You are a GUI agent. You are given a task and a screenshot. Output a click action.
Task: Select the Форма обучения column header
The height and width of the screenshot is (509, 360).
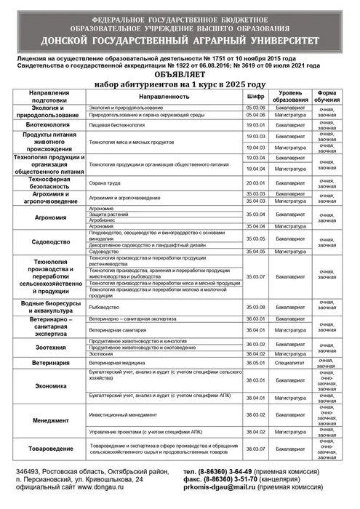(327, 96)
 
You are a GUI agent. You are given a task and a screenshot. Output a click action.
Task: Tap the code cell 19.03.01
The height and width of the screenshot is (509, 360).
(255, 125)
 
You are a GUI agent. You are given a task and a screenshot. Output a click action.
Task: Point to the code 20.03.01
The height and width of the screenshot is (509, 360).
(255, 183)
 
